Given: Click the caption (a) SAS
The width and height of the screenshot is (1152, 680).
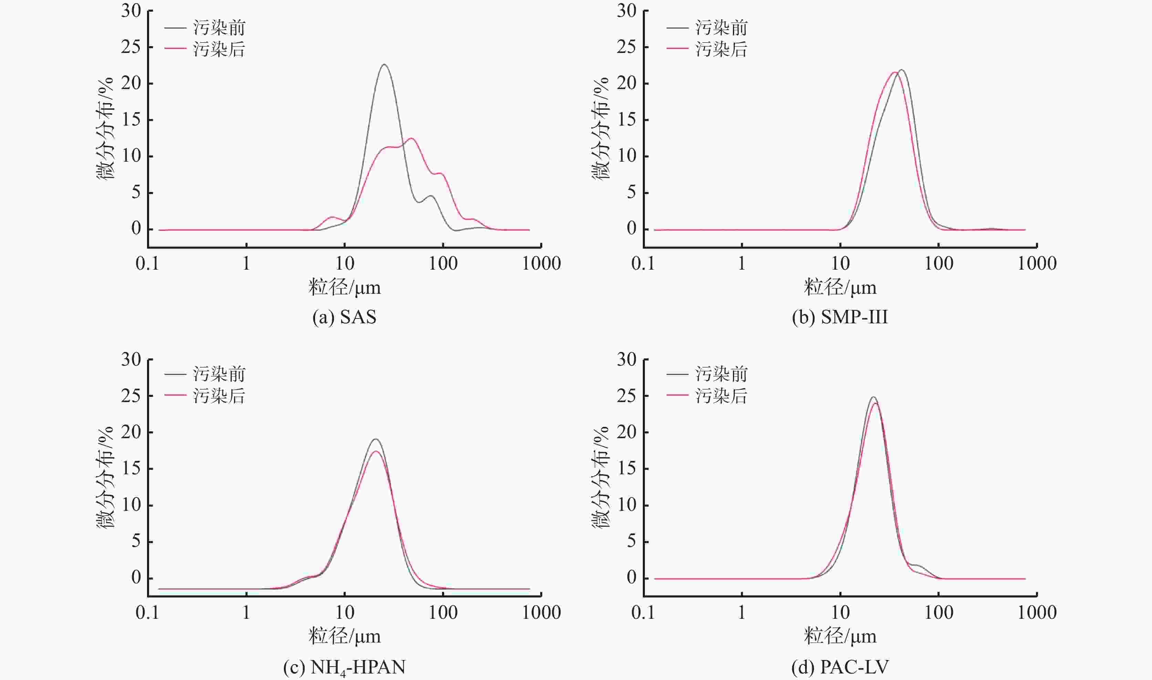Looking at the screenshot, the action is pyautogui.click(x=344, y=317).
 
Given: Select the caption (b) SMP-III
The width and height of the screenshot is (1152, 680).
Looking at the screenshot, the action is pyautogui.click(x=840, y=317).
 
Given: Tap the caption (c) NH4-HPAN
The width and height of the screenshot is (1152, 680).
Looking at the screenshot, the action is pyautogui.click(x=344, y=667).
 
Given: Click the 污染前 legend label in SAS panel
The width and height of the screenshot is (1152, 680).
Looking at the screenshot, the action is pyautogui.click(x=219, y=28).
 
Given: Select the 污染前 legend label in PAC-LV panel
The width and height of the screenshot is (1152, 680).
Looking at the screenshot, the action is pyautogui.click(x=721, y=374).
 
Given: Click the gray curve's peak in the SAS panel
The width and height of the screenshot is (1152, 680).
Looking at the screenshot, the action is pyautogui.click(x=384, y=65).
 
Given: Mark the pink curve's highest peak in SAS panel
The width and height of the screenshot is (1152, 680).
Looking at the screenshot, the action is pyautogui.click(x=411, y=138).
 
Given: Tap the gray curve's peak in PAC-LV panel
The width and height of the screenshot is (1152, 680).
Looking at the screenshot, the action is pyautogui.click(x=873, y=397).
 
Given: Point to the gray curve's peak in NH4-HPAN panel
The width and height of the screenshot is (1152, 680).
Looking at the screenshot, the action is pyautogui.click(x=376, y=439).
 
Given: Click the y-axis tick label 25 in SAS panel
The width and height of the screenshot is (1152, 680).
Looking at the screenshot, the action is pyautogui.click(x=131, y=47).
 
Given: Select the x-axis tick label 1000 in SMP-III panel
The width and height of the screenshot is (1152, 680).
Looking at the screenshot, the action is pyautogui.click(x=1037, y=263).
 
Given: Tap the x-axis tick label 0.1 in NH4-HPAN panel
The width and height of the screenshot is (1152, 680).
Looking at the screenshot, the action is pyautogui.click(x=147, y=613).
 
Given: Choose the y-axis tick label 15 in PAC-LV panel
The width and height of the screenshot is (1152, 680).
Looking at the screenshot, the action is pyautogui.click(x=627, y=468).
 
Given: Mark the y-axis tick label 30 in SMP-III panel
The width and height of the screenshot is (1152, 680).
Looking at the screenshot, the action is pyautogui.click(x=627, y=11).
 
